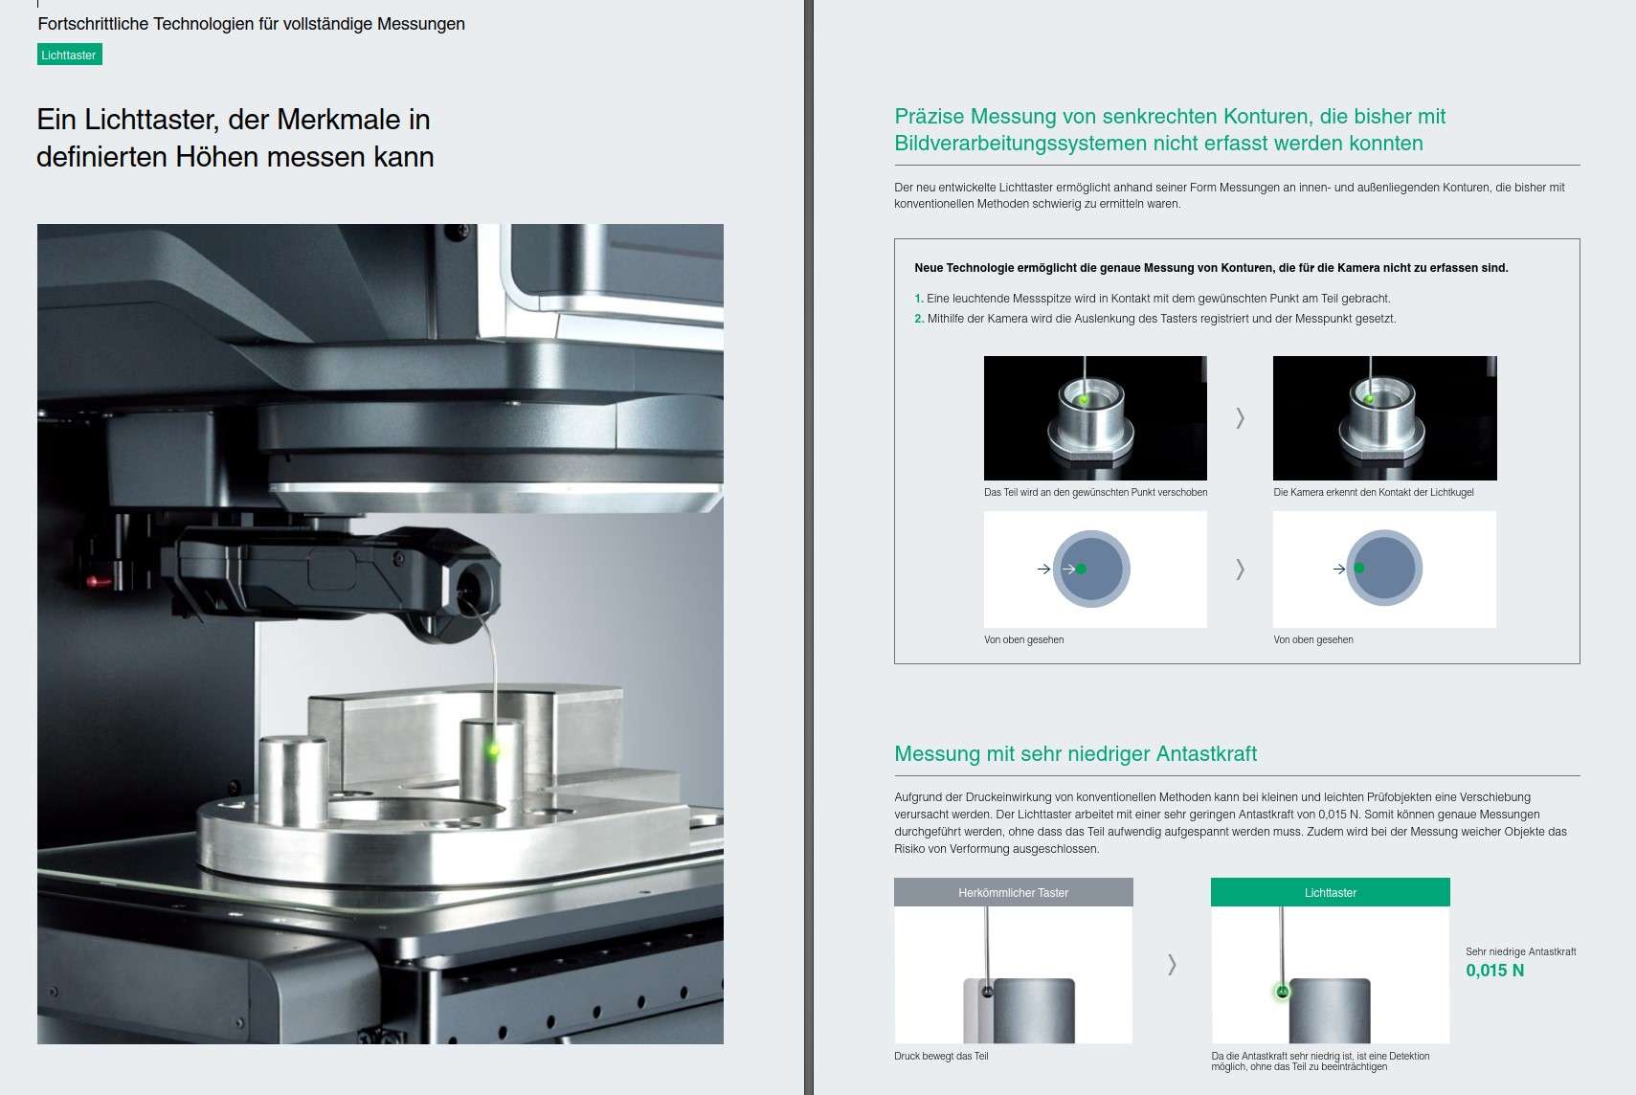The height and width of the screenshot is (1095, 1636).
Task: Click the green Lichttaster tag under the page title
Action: (x=69, y=55)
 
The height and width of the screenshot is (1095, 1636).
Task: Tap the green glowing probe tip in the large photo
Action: (x=494, y=749)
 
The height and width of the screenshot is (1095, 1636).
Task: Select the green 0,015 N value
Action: (x=1494, y=970)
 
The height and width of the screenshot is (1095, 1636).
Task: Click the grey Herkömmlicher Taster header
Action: (x=1013, y=892)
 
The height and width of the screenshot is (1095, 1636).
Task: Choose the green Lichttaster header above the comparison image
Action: (x=1330, y=892)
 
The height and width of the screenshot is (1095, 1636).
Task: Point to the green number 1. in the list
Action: (x=919, y=298)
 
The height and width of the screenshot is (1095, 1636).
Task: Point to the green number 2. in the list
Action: (x=919, y=319)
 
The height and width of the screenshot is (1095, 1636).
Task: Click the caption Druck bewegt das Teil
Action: (x=941, y=1056)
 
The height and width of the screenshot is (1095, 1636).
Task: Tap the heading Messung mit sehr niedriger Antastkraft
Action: (x=1075, y=753)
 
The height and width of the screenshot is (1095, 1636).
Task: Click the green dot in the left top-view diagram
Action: (x=1081, y=569)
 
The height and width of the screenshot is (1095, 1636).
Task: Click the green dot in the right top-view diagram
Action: (x=1359, y=568)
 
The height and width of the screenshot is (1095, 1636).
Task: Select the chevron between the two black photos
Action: (x=1240, y=418)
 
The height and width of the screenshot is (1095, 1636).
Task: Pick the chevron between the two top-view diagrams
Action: (x=1240, y=569)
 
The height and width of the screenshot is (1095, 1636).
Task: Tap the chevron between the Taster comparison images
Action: (x=1173, y=964)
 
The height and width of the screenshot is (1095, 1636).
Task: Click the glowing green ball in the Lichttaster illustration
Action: (x=1282, y=992)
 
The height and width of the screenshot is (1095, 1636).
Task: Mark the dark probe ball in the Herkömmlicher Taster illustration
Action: (x=988, y=992)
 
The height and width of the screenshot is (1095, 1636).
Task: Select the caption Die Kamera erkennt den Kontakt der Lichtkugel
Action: (x=1373, y=492)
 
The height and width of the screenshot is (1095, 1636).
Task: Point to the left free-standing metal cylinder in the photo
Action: (x=294, y=782)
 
